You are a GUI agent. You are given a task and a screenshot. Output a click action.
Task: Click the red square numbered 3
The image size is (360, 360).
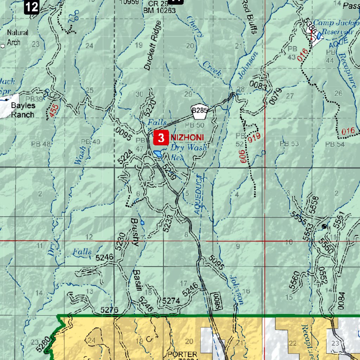tap(161, 138)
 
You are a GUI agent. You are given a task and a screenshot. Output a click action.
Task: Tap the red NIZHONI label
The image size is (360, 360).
tap(187, 137)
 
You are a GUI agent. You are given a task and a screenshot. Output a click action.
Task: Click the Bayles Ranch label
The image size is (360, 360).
tap(22, 110)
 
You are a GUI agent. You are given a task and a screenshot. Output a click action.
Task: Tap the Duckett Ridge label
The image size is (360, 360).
tap(153, 46)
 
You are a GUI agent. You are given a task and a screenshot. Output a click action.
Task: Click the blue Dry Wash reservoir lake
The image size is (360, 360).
tap(157, 154)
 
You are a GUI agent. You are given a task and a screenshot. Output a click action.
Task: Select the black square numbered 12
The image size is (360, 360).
tap(32, 7)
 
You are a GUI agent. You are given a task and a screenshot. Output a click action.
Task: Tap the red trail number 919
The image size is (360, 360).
tap(254, 137)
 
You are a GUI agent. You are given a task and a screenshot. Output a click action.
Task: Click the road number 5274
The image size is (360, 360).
tap(171, 301)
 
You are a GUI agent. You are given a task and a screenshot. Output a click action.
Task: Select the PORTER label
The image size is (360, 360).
tap(182, 354)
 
